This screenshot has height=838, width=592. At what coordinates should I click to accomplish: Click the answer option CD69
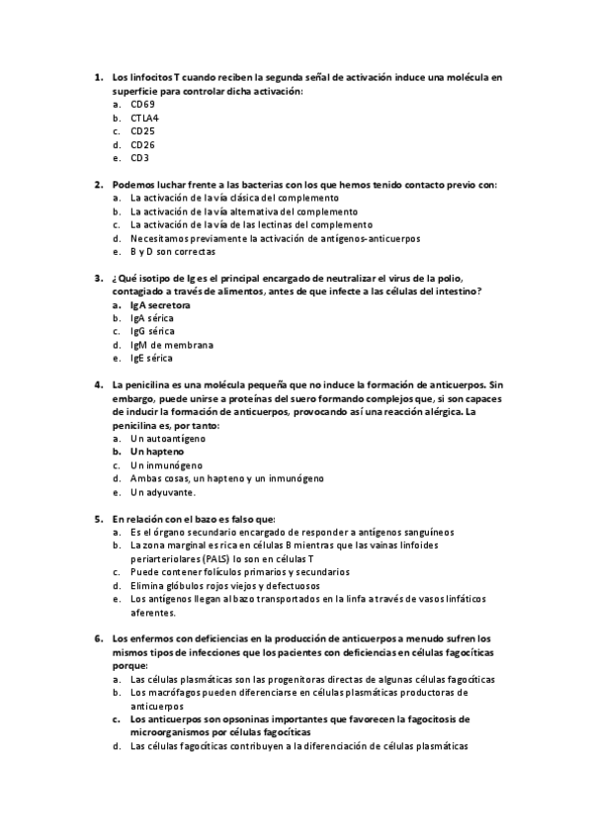click(142, 104)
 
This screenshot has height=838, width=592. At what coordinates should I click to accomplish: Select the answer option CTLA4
click(144, 118)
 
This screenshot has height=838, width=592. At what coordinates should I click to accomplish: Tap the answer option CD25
click(142, 130)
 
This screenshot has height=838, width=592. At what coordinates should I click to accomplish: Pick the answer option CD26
click(142, 144)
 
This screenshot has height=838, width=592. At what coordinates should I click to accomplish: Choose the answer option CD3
click(139, 157)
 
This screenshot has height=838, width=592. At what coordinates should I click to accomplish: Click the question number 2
click(99, 184)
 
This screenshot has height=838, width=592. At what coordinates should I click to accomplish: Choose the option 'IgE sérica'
click(151, 358)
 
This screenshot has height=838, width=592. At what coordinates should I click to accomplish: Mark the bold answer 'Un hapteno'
click(156, 451)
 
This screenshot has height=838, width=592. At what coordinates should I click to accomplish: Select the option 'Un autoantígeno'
click(168, 438)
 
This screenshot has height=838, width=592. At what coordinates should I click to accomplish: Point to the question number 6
click(99, 638)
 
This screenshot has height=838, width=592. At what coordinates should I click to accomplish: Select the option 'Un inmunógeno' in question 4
click(166, 464)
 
